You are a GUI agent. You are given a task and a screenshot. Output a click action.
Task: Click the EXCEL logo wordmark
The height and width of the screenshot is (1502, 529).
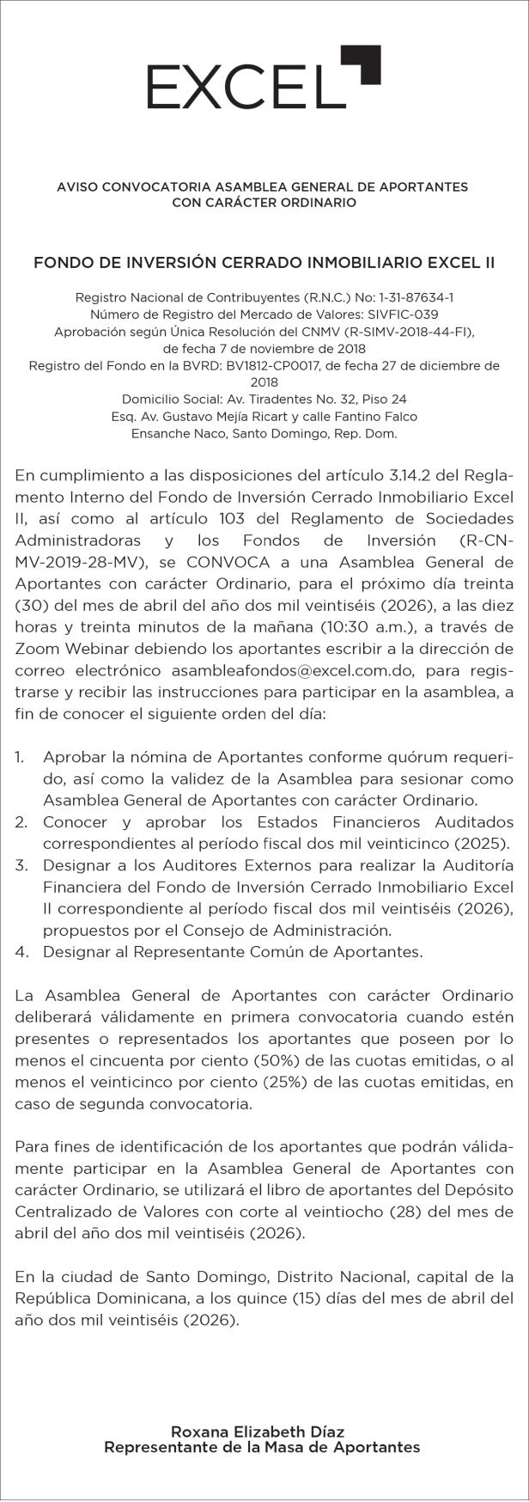pos(240,87)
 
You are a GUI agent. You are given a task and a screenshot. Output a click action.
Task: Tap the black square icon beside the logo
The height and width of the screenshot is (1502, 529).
pos(361,65)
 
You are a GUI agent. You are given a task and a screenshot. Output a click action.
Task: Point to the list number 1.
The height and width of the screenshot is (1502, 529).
pos(21,757)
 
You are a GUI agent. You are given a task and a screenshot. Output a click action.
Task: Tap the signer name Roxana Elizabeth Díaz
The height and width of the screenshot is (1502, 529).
pos(258,1432)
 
